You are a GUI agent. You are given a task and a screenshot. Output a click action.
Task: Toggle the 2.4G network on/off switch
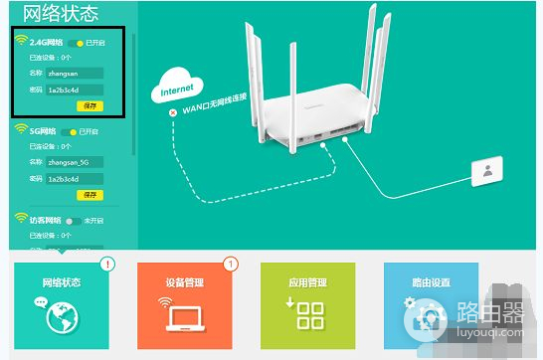76,43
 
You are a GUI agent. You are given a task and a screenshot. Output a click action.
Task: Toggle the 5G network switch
69,131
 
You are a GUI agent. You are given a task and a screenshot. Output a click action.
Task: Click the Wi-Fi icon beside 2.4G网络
20,42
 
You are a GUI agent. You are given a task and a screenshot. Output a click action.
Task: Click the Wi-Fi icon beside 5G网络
20,130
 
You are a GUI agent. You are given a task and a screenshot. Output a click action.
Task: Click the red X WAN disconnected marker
173,113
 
